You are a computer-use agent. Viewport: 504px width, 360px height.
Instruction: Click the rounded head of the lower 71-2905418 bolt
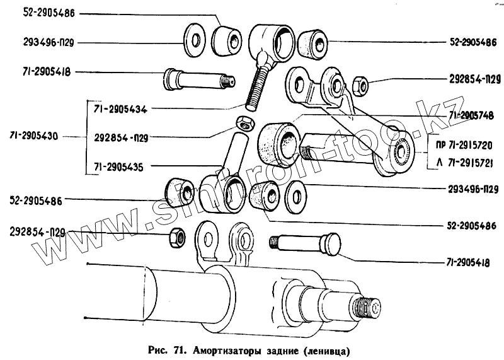(x=331, y=244)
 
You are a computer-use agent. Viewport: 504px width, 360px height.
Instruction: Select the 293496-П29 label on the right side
(x=469, y=189)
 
